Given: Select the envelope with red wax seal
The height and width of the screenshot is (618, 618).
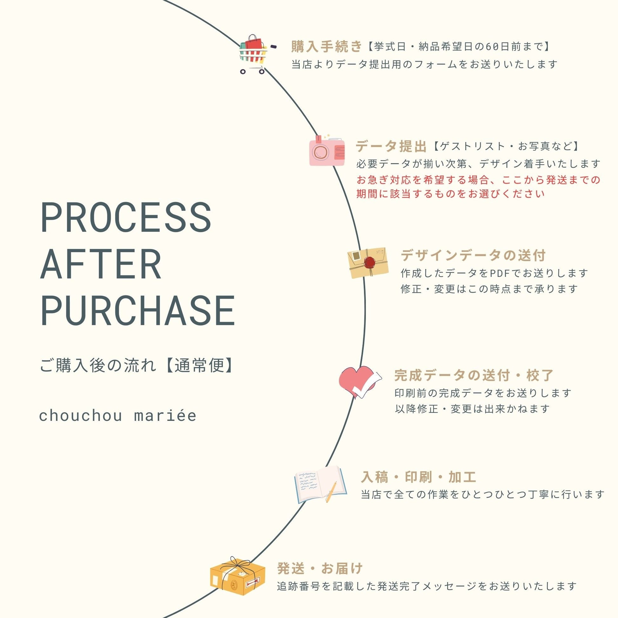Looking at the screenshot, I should [x=368, y=263].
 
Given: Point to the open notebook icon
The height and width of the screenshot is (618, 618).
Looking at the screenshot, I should [x=320, y=484].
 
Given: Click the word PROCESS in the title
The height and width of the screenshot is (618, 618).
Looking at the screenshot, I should [x=126, y=218].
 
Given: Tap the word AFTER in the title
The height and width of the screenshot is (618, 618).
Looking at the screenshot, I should [x=101, y=265].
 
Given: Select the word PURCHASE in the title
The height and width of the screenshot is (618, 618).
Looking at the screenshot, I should [x=138, y=311].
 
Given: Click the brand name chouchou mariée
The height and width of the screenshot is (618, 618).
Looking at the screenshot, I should [x=118, y=416].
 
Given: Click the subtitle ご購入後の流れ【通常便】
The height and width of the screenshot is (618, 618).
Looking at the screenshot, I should [x=137, y=365].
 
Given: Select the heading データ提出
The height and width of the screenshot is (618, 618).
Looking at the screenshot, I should [x=391, y=146].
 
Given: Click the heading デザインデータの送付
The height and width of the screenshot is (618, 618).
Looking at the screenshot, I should [x=473, y=256].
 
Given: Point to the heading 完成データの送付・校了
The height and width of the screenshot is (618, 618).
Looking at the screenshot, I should [x=474, y=376].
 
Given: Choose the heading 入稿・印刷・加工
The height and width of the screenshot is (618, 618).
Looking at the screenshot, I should [x=418, y=477].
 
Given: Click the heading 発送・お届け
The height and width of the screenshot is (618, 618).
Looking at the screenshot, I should [x=320, y=568].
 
